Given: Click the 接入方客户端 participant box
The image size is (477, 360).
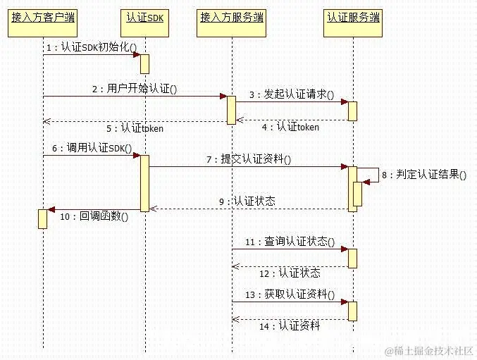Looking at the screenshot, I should (43, 17).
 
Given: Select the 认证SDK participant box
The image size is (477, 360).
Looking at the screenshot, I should (145, 17).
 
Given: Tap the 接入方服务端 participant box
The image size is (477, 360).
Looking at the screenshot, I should (232, 17).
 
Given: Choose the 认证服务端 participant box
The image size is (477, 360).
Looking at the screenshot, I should (353, 17).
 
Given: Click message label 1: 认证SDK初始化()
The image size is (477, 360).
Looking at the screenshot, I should (92, 47).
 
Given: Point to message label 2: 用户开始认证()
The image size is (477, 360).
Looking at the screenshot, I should (134, 89).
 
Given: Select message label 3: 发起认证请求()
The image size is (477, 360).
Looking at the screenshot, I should (291, 94).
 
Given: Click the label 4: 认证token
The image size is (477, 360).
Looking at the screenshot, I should (291, 128).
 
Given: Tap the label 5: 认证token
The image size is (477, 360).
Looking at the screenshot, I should (135, 128).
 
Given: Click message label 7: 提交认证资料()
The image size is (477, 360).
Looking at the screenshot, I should (249, 160).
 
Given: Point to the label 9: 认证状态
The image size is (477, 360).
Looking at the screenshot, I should (247, 202).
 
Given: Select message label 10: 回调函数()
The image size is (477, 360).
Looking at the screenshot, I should (95, 217).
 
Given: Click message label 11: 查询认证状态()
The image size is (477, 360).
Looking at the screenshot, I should (290, 242).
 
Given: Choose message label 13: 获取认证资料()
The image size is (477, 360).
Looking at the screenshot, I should (290, 294).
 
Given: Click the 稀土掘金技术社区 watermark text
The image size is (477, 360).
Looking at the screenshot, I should (430, 350).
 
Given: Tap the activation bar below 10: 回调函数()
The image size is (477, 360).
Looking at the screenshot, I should (42, 218).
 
